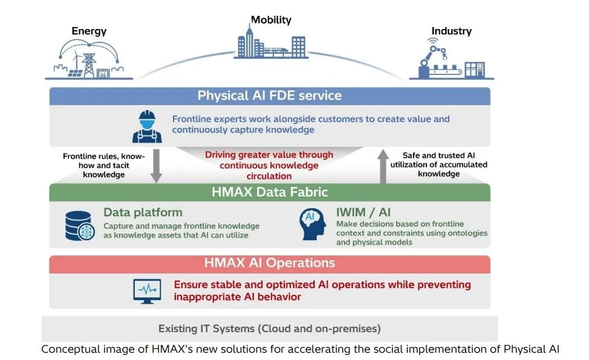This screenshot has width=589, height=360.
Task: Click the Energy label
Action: (x=89, y=31)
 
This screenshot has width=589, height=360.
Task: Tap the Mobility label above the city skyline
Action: (x=271, y=19)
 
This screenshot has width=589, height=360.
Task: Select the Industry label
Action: (x=452, y=31)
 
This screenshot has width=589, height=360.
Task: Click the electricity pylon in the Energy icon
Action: (x=89, y=65)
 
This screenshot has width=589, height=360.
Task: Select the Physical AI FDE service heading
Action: (x=270, y=96)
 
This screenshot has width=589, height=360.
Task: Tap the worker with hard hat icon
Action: (x=147, y=126)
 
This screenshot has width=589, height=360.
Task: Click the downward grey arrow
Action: (x=156, y=166)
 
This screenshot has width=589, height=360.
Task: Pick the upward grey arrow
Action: (x=383, y=166)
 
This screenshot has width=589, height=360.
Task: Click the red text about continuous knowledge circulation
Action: (x=269, y=165)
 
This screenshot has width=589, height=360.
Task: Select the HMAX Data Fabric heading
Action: (x=270, y=192)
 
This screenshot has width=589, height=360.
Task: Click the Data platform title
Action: (x=143, y=212)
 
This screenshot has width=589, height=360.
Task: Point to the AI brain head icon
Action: (x=313, y=224)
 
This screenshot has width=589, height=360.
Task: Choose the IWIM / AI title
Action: (x=363, y=212)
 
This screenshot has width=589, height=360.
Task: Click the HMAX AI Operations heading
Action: (x=270, y=263)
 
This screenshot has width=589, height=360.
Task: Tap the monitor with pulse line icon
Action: (x=148, y=291)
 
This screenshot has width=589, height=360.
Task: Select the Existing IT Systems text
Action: (x=270, y=329)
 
